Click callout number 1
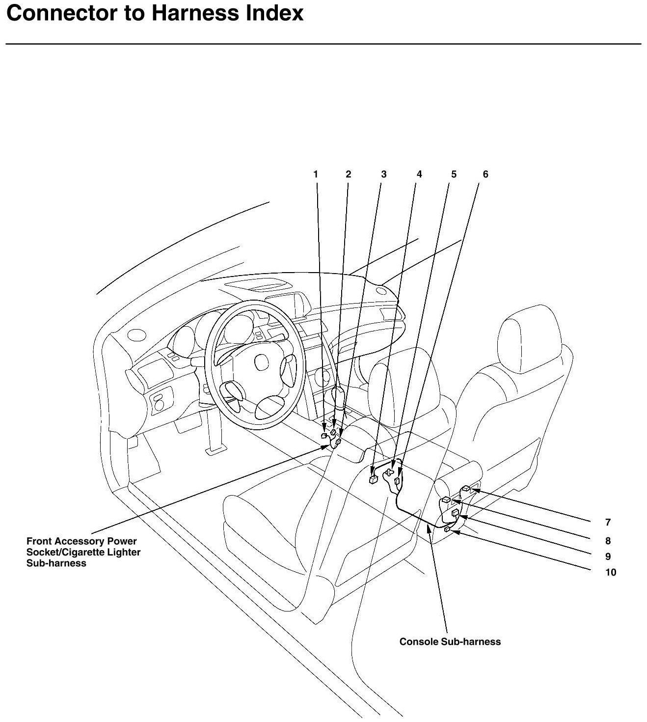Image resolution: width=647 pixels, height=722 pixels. (316, 174)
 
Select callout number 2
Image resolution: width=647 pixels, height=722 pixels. (348, 174)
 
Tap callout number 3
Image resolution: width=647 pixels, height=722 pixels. (383, 174)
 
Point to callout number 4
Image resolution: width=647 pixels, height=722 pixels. (419, 174)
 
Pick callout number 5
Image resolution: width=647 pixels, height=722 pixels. (454, 174)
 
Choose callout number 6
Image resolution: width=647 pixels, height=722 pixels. (485, 174)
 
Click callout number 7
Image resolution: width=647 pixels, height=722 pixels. (608, 523)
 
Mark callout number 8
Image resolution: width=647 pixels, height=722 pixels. (608, 541)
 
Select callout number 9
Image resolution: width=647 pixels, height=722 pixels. (608, 556)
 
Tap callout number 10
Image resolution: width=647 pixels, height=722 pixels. (610, 572)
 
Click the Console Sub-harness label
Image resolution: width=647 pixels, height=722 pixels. (450, 641)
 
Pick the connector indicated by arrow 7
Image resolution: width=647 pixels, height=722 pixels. (466, 489)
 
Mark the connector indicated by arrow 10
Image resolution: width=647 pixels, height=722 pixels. (447, 530)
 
